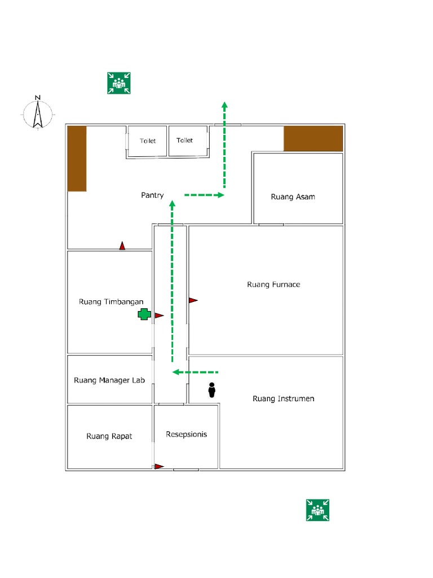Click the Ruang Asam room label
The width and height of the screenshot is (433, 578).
(x=293, y=197)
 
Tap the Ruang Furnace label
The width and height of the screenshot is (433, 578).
(x=273, y=284)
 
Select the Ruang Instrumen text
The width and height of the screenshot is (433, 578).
(x=283, y=399)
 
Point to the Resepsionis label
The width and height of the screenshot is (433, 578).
(x=186, y=435)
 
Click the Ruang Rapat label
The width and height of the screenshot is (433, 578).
(x=109, y=436)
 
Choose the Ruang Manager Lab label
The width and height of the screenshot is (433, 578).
(x=109, y=380)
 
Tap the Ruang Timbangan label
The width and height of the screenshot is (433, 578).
(x=111, y=302)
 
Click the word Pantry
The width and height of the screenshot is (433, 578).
(x=152, y=195)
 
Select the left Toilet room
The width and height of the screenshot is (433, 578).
(x=148, y=141)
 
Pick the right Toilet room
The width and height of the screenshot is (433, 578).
(x=184, y=141)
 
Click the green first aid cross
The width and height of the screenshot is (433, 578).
(x=144, y=315)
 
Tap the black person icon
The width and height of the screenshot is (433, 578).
(x=212, y=390)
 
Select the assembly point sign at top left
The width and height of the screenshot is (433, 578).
(x=119, y=83)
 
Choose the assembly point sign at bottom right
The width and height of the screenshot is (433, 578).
(x=317, y=510)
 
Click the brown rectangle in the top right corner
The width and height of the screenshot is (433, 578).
(x=313, y=139)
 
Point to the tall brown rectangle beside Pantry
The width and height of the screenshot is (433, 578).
(x=77, y=159)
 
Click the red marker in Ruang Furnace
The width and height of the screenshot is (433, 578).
(x=193, y=300)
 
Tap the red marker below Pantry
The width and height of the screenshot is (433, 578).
(x=122, y=246)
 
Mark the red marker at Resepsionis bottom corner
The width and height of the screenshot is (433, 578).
(x=159, y=466)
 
